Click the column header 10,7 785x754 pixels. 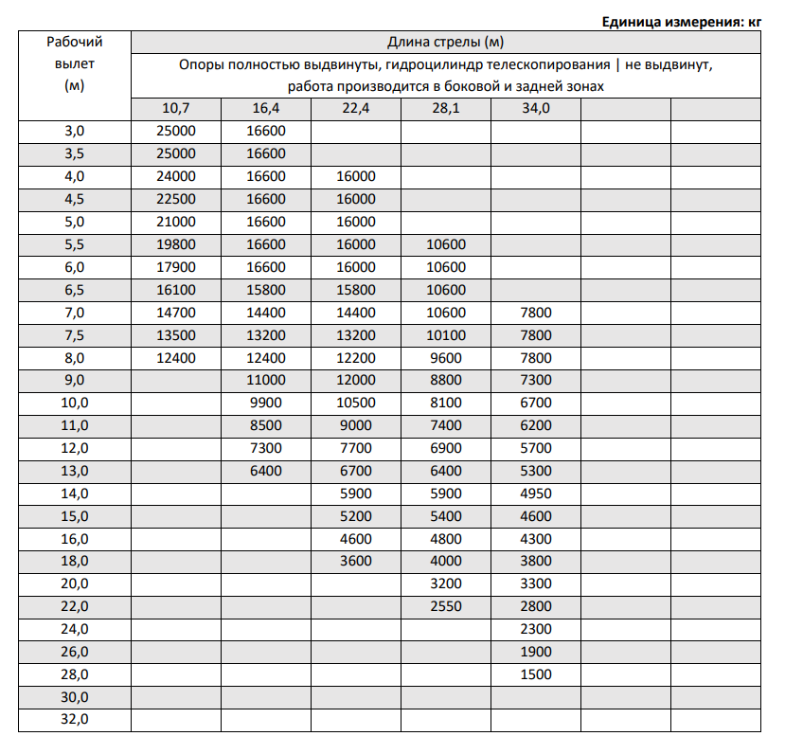point(175,108)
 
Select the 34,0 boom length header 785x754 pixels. point(535,108)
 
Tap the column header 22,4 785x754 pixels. point(355,108)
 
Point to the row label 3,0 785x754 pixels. point(74,131)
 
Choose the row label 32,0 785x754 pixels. point(74,720)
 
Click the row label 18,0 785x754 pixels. point(74,561)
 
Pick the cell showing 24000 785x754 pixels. point(175,176)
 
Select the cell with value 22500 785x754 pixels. point(175,199)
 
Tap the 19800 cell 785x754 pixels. point(175,244)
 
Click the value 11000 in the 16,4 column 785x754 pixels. point(265,381)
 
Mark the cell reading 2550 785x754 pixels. point(445,606)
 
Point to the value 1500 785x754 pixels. point(535,674)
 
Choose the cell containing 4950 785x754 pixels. point(535,493)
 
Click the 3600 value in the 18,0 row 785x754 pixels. point(355,561)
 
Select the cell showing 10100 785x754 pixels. point(445,335)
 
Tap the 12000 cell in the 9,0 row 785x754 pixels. point(355,381)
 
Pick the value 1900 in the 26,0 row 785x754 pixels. point(535,652)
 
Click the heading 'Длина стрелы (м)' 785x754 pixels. point(445,42)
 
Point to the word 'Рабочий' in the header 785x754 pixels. point(74,42)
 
